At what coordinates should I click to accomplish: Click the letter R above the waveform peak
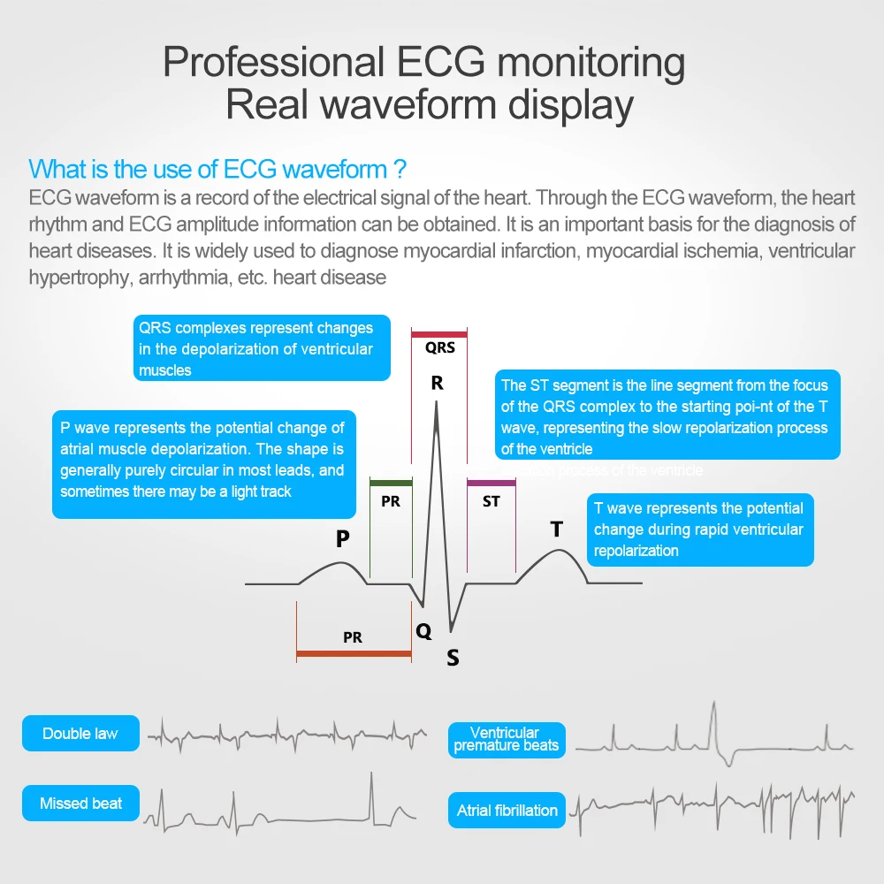tap(437, 384)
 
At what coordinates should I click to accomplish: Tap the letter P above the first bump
tap(342, 538)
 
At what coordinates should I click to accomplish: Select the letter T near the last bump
tap(557, 529)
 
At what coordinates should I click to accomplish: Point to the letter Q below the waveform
tap(424, 631)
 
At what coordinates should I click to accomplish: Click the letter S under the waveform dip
tap(453, 658)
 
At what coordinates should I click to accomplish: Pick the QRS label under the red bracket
tap(440, 347)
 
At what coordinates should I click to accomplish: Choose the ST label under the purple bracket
tap(492, 501)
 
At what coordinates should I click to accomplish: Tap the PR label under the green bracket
tap(391, 501)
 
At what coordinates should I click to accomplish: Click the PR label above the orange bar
tap(353, 636)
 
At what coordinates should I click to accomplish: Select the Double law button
tap(80, 733)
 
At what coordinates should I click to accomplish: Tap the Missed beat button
tap(80, 804)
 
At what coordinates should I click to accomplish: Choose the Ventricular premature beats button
tap(506, 739)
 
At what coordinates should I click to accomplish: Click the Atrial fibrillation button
tap(507, 810)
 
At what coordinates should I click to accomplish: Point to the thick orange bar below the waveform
tap(354, 654)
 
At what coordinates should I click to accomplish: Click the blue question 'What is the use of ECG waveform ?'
tap(217, 169)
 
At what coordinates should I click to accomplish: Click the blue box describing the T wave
tap(700, 530)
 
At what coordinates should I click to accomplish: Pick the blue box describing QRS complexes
tap(262, 348)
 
